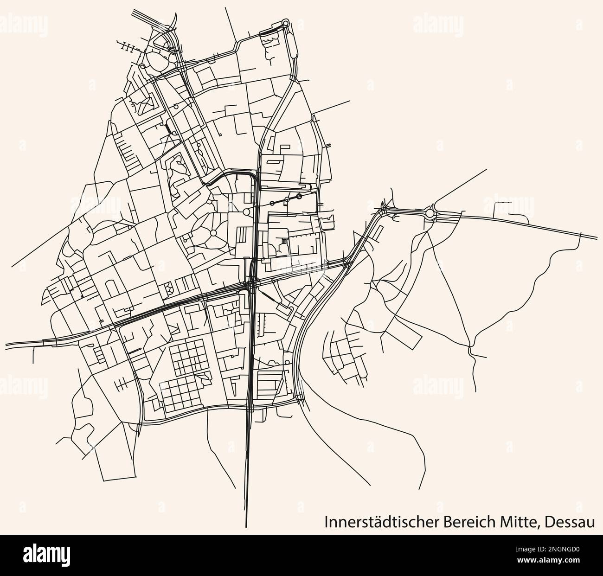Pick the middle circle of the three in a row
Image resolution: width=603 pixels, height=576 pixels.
tap(287, 199)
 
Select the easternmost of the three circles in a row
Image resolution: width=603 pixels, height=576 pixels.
tap(299, 197)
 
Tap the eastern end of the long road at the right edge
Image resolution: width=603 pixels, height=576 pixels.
tap(597, 238)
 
